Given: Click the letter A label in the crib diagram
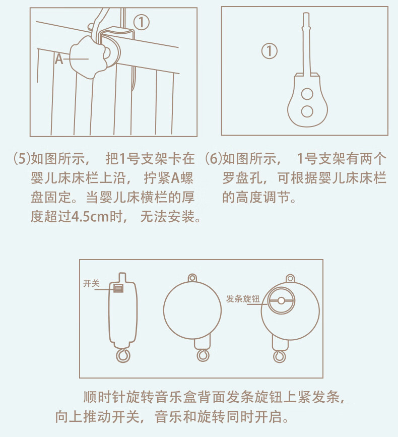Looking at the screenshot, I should point(59,59).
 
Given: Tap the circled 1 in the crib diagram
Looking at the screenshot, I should point(142,21).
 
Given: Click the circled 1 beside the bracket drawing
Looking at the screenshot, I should point(270,50).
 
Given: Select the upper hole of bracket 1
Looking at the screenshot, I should point(306,94).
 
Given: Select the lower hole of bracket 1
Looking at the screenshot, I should point(306,111).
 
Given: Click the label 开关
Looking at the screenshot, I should point(91,284).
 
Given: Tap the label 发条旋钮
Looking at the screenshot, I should point(243,299).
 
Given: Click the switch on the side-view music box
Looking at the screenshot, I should point(119,288).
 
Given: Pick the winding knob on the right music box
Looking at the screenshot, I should point(280,301).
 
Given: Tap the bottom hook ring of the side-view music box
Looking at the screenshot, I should point(122,356).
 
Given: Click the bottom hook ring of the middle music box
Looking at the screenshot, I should point(202,355).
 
